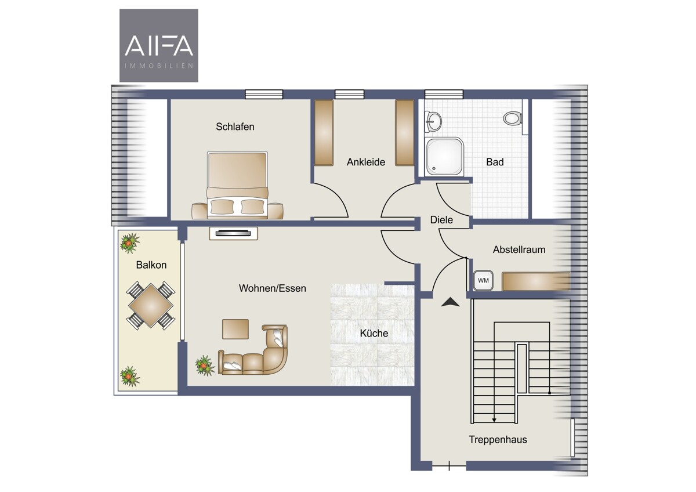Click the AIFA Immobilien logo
click(x=159, y=45)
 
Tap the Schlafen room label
click(x=235, y=126)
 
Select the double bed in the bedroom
click(x=237, y=185)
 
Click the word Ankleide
click(x=366, y=162)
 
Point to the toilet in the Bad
click(x=512, y=118)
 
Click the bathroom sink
click(x=433, y=121)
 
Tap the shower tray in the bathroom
click(x=445, y=157)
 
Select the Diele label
click(x=441, y=220)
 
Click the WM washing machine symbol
click(x=483, y=280)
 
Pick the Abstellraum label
click(x=519, y=249)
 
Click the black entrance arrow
click(x=450, y=302)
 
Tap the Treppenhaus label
click(x=498, y=439)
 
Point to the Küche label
click(x=374, y=333)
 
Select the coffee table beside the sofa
click(x=235, y=329)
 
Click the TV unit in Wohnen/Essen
click(x=233, y=233)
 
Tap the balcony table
click(x=151, y=306)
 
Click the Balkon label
click(x=151, y=265)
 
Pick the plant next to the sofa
click(x=205, y=366)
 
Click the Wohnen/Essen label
click(x=272, y=288)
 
